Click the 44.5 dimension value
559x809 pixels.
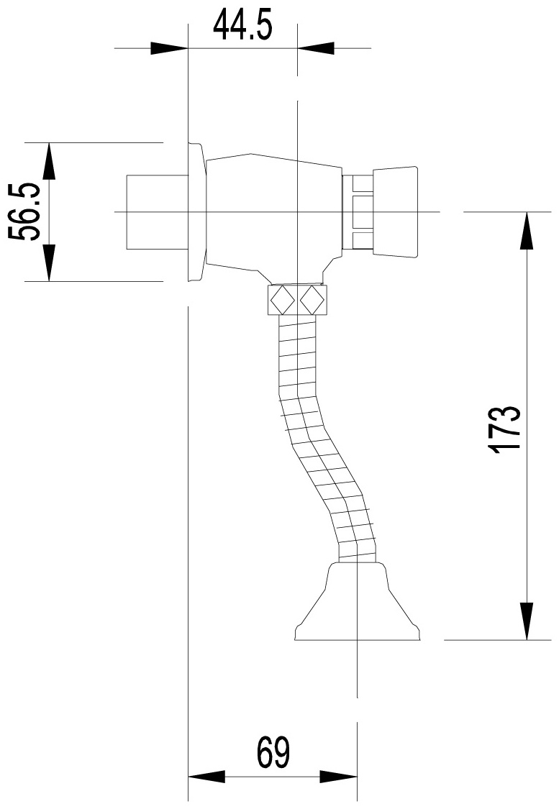242,25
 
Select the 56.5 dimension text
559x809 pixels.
24,211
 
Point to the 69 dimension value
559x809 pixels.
273,753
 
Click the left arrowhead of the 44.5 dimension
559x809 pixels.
169,48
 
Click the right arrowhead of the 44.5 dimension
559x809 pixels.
316,48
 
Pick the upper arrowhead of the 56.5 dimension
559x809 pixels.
50,161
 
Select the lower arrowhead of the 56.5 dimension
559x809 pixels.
50,262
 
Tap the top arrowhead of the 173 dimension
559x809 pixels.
527,230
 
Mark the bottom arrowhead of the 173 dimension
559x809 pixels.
527,621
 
